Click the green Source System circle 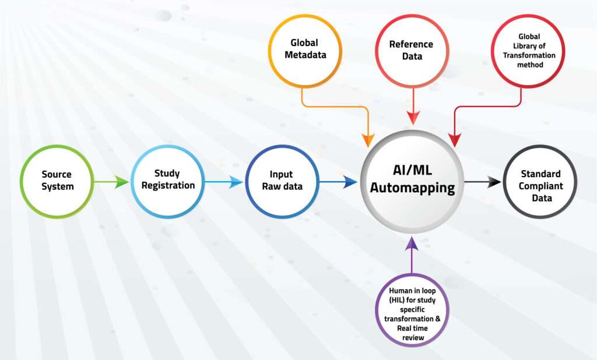click(57, 181)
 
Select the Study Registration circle click(167, 181)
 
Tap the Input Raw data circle click(281, 181)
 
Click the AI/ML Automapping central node click(412, 181)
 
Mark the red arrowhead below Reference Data click(413, 117)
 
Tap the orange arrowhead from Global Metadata click(368, 140)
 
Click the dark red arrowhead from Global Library click(455, 140)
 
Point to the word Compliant click(541, 186)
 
